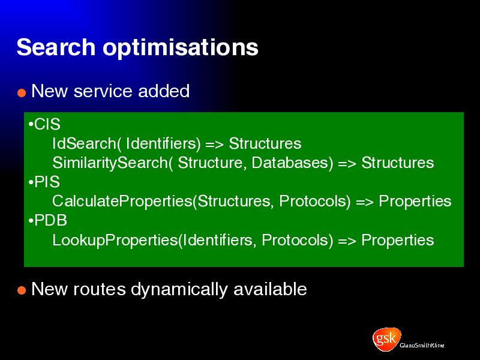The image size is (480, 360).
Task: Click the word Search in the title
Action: click(x=56, y=47)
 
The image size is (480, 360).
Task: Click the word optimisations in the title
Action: click(x=181, y=48)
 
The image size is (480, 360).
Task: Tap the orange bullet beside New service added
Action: click(x=22, y=92)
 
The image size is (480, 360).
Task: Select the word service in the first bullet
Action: click(x=103, y=91)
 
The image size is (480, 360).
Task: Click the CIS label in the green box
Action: click(x=47, y=124)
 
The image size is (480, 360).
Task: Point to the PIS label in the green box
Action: click(x=47, y=182)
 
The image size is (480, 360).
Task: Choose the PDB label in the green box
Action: click(x=50, y=220)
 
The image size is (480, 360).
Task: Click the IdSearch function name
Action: click(x=84, y=143)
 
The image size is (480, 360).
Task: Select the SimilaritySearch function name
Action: click(x=110, y=163)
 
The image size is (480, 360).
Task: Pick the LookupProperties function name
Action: click(x=115, y=240)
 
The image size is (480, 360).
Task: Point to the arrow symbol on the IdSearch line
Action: click(x=215, y=144)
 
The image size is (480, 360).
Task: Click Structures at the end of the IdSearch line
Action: click(x=265, y=143)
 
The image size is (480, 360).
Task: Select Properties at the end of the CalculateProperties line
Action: click(x=415, y=202)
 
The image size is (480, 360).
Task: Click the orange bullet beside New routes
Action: click(x=22, y=290)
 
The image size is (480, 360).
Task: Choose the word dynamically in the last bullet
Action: click(x=179, y=290)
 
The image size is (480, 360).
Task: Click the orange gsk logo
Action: click(x=386, y=339)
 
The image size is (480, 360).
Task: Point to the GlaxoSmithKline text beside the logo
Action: click(x=422, y=346)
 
